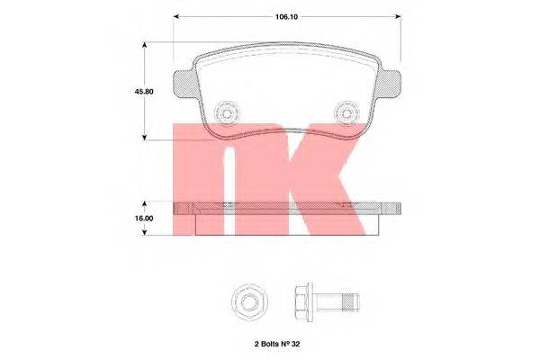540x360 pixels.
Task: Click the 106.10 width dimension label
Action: (x=286, y=16)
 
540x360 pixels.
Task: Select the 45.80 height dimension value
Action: (x=144, y=92)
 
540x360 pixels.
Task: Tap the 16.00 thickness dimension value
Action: (x=144, y=219)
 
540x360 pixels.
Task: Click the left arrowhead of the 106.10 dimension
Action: (x=176, y=16)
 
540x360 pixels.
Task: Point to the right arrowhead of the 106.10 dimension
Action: (x=398, y=16)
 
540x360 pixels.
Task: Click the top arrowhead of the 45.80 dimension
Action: (x=145, y=45)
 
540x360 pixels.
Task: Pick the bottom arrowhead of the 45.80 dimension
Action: (x=145, y=138)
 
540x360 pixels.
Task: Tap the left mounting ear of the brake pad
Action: (x=184, y=84)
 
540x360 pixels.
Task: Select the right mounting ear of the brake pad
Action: (x=388, y=84)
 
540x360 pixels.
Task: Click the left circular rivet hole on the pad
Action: (x=227, y=112)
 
